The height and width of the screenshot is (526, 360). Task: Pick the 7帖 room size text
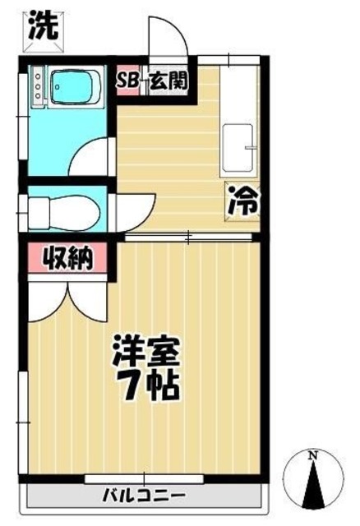pos(146,385)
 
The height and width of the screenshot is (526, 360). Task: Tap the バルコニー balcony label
pos(144,496)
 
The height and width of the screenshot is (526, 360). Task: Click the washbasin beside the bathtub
pos(36,87)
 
